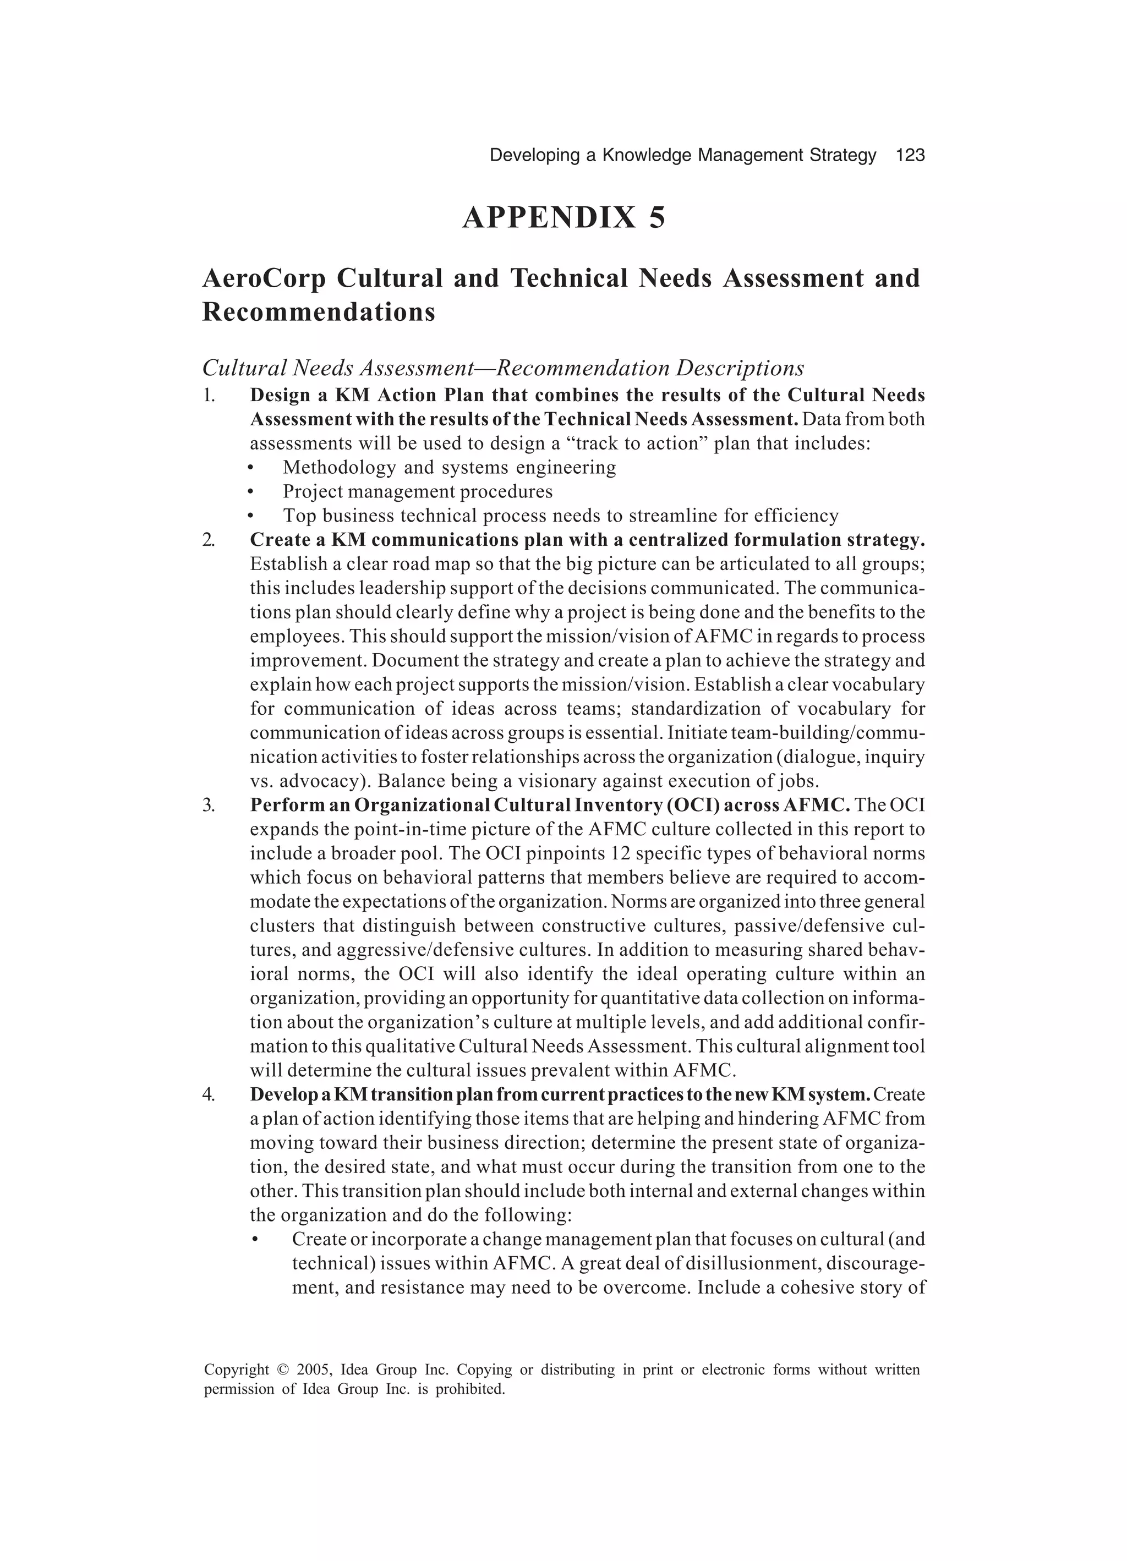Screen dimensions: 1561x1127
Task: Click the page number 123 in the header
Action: tap(910, 156)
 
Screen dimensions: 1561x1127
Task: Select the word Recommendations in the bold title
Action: tap(319, 312)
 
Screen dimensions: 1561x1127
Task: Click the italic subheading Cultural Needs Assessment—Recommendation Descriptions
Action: tap(502, 368)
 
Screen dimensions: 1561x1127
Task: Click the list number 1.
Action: tap(209, 396)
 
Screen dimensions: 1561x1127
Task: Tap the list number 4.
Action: tap(209, 1094)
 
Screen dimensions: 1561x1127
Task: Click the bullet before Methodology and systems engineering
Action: tap(251, 469)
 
